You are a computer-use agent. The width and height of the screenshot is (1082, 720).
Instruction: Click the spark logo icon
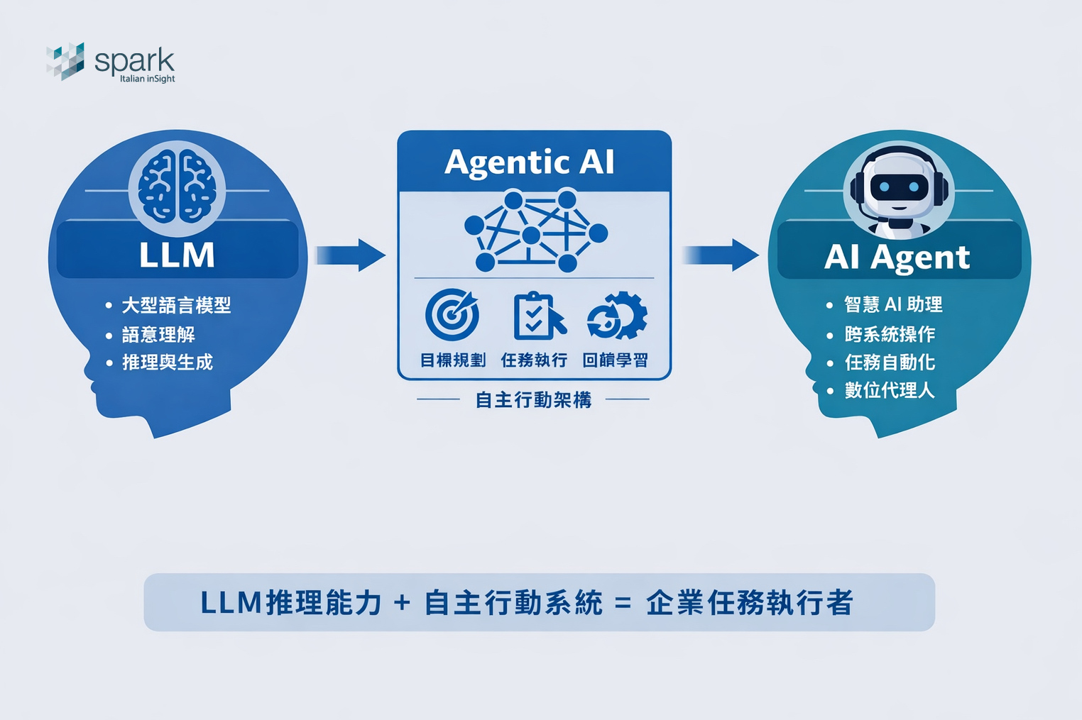65,61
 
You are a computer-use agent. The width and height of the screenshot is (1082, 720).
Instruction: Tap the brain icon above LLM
177,187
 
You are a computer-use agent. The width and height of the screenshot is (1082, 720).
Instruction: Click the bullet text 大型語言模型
176,306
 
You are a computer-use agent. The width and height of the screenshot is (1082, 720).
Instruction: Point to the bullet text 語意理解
158,335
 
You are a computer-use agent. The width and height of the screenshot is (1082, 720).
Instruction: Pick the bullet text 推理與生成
168,362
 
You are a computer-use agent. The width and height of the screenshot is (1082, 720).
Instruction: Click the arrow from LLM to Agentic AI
350,255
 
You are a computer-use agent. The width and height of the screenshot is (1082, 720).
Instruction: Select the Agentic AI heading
530,162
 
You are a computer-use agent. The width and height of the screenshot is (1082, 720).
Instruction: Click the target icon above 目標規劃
452,315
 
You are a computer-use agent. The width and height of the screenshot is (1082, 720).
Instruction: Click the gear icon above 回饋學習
617,316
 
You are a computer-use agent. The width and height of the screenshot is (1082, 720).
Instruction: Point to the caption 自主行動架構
533,401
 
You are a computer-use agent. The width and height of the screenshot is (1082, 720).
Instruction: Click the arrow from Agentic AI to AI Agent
721,255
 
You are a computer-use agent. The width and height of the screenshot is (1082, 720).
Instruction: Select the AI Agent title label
897,257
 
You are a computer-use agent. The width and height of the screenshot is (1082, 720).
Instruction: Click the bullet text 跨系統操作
890,334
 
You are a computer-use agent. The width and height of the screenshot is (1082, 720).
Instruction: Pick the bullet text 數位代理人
890,390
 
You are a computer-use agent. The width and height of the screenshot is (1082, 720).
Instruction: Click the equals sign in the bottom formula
623,604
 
